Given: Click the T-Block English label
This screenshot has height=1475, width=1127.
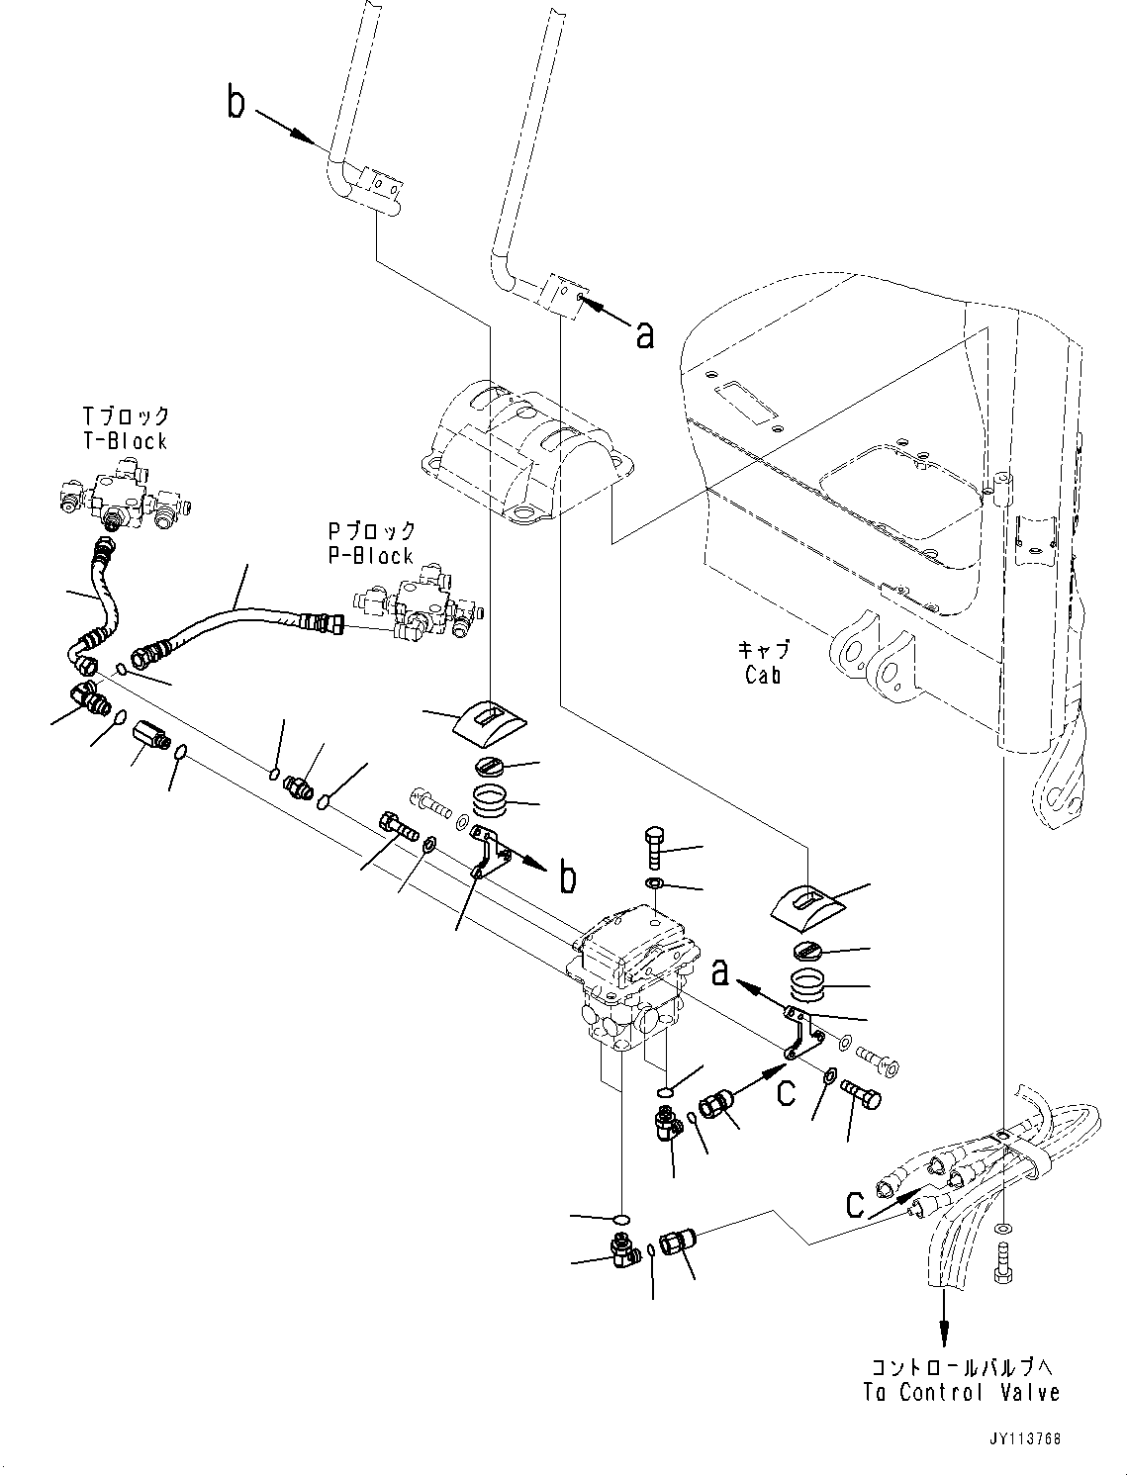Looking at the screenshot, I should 125,441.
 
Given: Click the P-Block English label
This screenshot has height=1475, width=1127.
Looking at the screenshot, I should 371,556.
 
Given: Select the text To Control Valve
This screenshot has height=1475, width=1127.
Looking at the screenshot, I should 961,1392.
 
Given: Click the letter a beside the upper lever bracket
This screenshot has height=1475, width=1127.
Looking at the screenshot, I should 645,335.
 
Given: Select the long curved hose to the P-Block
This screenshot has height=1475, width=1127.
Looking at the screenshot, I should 242,620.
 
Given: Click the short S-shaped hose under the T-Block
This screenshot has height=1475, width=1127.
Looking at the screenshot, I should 102,594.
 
